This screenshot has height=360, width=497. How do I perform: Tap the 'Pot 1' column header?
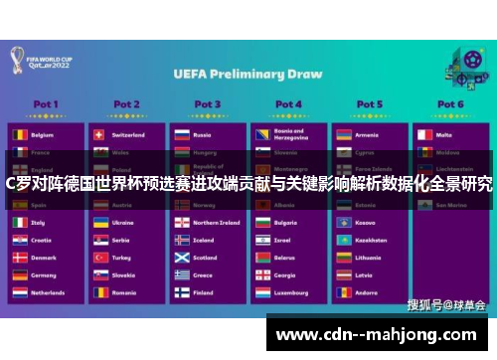(46, 103)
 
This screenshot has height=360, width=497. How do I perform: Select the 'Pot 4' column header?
(288, 103)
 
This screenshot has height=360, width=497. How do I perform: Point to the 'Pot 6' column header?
(450, 103)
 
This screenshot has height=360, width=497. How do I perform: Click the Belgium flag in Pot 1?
(19, 134)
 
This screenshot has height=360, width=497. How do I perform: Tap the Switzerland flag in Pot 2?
(99, 134)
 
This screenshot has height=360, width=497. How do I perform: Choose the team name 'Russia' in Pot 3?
(203, 134)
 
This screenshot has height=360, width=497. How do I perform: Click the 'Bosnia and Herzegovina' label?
(289, 134)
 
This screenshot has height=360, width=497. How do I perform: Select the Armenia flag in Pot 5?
(342, 134)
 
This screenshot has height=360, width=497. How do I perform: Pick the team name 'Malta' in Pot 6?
(443, 134)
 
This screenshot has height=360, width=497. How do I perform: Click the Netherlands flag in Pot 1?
(19, 293)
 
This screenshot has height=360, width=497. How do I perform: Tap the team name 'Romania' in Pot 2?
(124, 293)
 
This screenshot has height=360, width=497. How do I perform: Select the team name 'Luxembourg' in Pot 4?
(291, 293)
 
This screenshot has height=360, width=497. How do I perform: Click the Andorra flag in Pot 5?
(342, 293)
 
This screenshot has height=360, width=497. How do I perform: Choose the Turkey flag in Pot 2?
(99, 258)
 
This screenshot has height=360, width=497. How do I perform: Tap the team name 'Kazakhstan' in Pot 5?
(371, 240)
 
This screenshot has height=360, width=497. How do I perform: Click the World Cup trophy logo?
(19, 62)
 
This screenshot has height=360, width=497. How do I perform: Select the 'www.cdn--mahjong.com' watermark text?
(379, 333)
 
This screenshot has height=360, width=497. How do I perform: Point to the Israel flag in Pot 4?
(260, 240)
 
